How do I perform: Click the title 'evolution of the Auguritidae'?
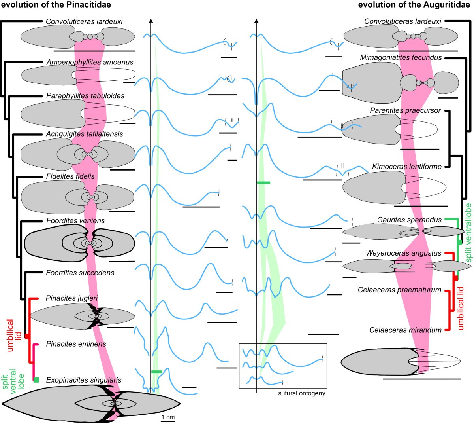(416, 5)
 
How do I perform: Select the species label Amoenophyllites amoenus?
(90, 62)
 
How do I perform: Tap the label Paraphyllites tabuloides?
(85, 96)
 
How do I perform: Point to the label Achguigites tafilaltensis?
(85, 134)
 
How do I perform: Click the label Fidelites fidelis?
(70, 176)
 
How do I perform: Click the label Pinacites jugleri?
(72, 298)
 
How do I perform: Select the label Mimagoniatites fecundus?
(401, 57)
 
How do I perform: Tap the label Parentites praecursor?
(405, 110)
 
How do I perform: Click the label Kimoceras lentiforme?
(406, 167)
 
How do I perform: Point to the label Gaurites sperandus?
(409, 220)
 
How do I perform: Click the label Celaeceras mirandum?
(405, 330)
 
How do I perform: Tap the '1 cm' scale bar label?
(168, 417)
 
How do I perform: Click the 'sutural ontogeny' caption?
(301, 393)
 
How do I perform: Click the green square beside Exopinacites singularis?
(36, 380)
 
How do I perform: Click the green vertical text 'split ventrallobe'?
(469, 233)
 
